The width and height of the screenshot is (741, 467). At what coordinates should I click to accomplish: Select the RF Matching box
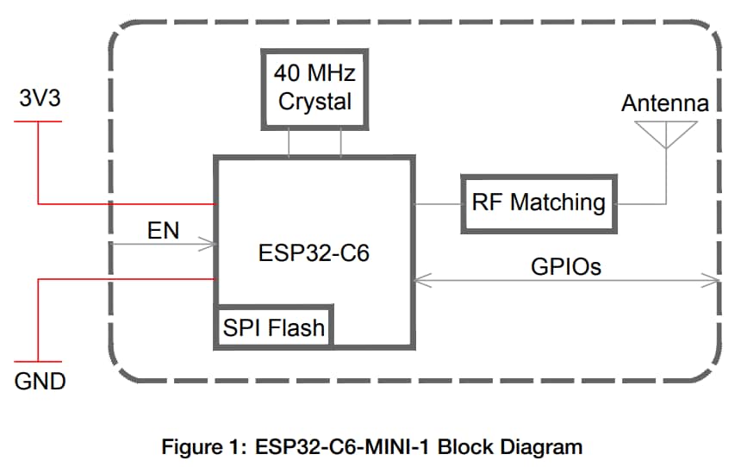539,203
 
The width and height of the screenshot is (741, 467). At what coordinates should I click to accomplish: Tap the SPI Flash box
274,327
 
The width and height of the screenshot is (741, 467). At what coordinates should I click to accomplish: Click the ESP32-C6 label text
314,255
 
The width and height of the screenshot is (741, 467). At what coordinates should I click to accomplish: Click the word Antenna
665,103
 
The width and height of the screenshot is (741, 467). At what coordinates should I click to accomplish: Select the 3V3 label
40,99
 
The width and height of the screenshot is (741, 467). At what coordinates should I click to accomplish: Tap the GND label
40,381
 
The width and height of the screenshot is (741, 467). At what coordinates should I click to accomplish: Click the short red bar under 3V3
39,121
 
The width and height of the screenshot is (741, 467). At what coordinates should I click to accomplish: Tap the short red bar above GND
39,361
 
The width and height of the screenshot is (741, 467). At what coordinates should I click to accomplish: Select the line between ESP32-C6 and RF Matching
438,204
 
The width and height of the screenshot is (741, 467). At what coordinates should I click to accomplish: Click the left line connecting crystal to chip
289,142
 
